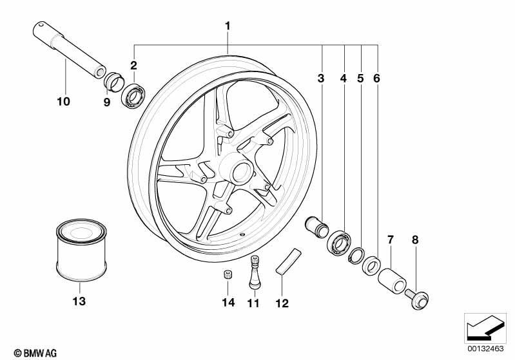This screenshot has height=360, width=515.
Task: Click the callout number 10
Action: point(63,101)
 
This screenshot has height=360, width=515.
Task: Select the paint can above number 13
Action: point(81,250)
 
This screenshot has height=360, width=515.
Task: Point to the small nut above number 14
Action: point(226,274)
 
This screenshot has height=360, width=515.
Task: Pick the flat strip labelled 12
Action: point(288,261)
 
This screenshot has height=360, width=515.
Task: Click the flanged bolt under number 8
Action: point(417,298)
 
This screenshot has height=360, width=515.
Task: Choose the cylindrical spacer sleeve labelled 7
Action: point(392,281)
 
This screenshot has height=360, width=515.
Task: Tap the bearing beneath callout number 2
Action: point(133,95)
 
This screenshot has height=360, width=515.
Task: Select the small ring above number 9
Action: point(113,81)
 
